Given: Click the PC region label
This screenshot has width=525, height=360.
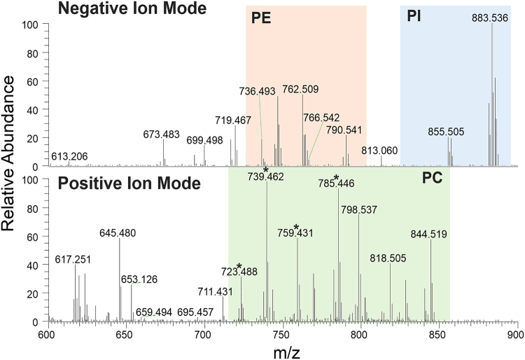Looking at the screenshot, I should pyautogui.click(x=431, y=179).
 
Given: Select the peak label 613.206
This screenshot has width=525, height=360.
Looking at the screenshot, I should pyautogui.click(x=70, y=156).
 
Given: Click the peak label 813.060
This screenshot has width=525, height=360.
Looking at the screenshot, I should pyautogui.click(x=380, y=151).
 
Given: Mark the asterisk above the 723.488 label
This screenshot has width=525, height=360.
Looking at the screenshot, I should pyautogui.click(x=239, y=266).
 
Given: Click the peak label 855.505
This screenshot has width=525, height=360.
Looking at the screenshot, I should pyautogui.click(x=447, y=132).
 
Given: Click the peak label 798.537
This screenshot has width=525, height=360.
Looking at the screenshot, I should pyautogui.click(x=359, y=209).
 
